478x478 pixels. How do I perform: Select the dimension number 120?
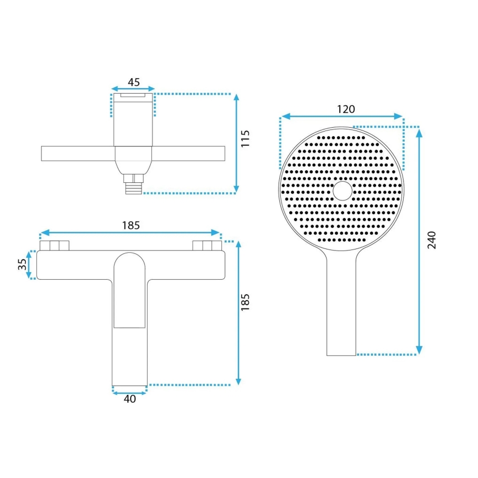pos(345,108)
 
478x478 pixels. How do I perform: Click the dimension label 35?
pos(22,264)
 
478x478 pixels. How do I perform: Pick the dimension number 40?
pos(130,399)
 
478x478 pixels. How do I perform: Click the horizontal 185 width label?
pos(131,225)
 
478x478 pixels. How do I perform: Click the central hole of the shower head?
pos(343,191)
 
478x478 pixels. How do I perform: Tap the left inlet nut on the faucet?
pos(54,246)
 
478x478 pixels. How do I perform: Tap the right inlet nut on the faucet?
pos(207,246)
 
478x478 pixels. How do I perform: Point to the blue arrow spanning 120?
pos(341,117)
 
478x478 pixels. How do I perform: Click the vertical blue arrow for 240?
pos(419,240)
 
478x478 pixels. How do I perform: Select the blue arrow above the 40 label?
pos(130,392)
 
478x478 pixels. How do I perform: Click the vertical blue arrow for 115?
pos(236,143)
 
